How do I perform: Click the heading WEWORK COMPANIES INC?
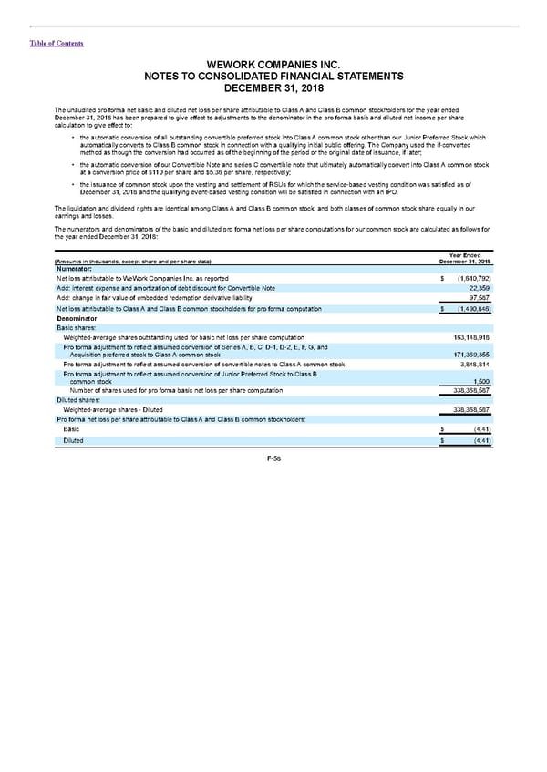click(273, 65)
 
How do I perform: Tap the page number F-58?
click(273, 458)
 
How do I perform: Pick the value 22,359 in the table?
click(480, 288)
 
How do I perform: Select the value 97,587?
click(480, 298)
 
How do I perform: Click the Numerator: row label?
click(75, 269)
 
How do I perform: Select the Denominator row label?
click(77, 319)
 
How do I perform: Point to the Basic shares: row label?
click(77, 329)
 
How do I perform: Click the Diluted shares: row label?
click(78, 399)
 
